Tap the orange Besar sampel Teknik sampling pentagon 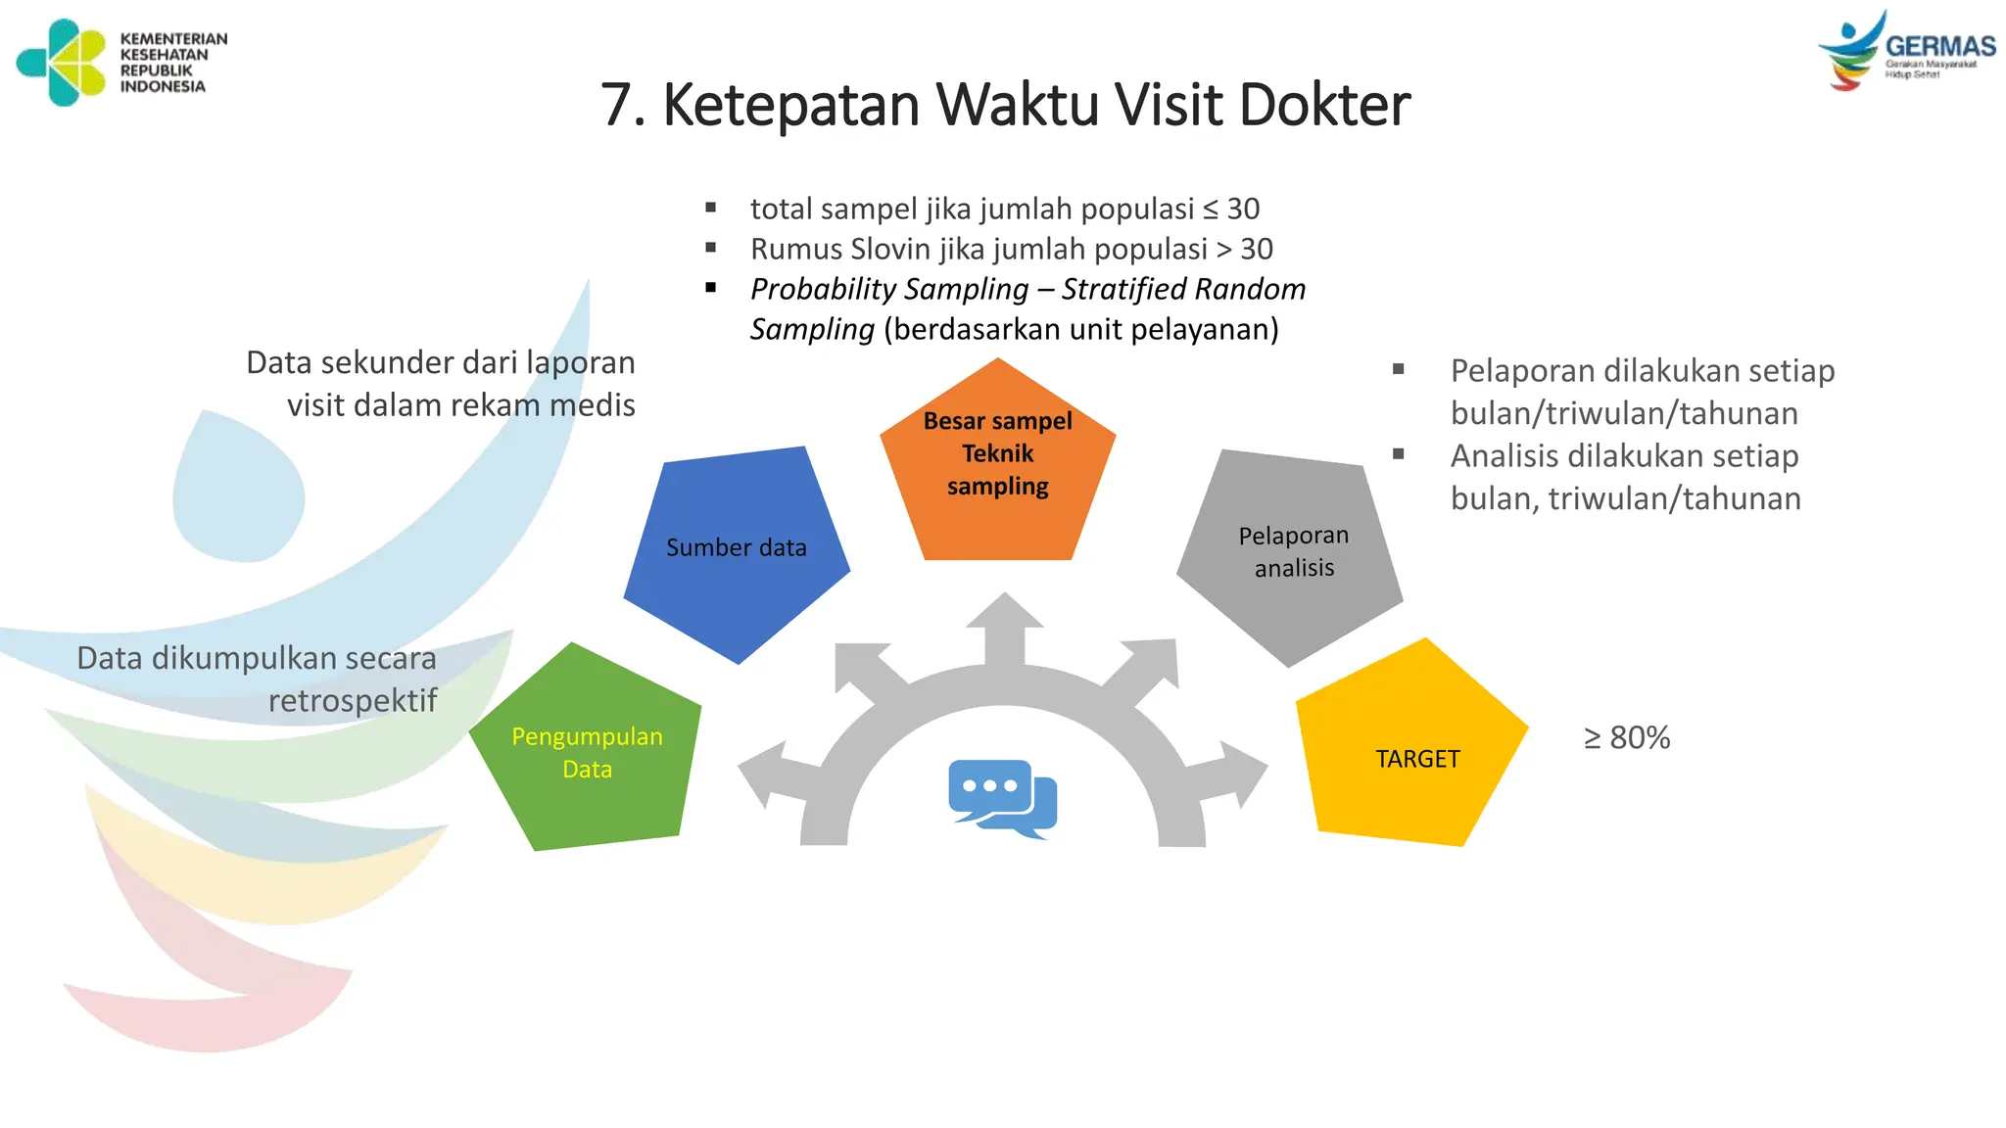997,460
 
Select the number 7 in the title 615,105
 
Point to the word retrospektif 353,701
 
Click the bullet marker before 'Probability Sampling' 711,288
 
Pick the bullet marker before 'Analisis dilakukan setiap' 1398,454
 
